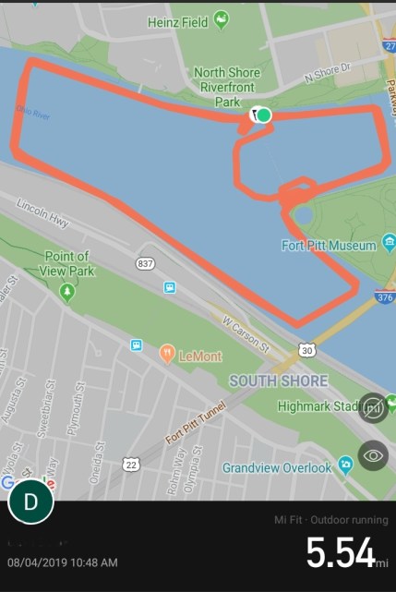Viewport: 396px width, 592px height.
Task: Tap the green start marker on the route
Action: pyautogui.click(x=264, y=115)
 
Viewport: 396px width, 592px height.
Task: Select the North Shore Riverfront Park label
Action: pyautogui.click(x=226, y=88)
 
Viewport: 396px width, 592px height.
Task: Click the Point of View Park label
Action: pyautogui.click(x=66, y=263)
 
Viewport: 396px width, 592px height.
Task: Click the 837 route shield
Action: pyautogui.click(x=146, y=263)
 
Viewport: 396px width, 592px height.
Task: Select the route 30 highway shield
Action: pyautogui.click(x=306, y=350)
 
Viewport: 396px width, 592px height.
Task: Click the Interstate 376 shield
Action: pyautogui.click(x=386, y=297)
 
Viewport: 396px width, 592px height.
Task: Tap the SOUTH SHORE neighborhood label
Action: pyautogui.click(x=278, y=381)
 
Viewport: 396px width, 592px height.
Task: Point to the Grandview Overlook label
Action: pyautogui.click(x=277, y=467)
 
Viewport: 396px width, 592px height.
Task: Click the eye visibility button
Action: pyautogui.click(x=373, y=455)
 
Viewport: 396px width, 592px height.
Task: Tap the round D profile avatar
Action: pyautogui.click(x=30, y=502)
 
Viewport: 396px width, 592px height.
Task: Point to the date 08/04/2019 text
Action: pyautogui.click(x=62, y=562)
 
